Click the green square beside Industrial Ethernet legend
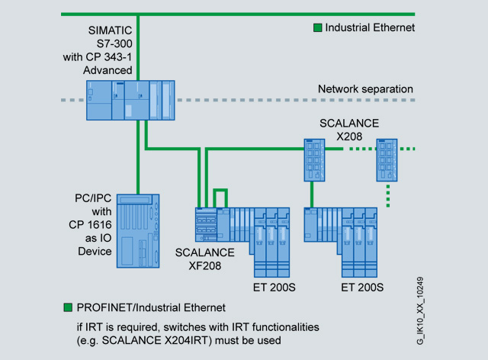pyautogui.click(x=318, y=27)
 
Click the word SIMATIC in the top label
pyautogui.click(x=111, y=30)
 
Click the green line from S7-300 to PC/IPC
pyautogui.click(x=138, y=160)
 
